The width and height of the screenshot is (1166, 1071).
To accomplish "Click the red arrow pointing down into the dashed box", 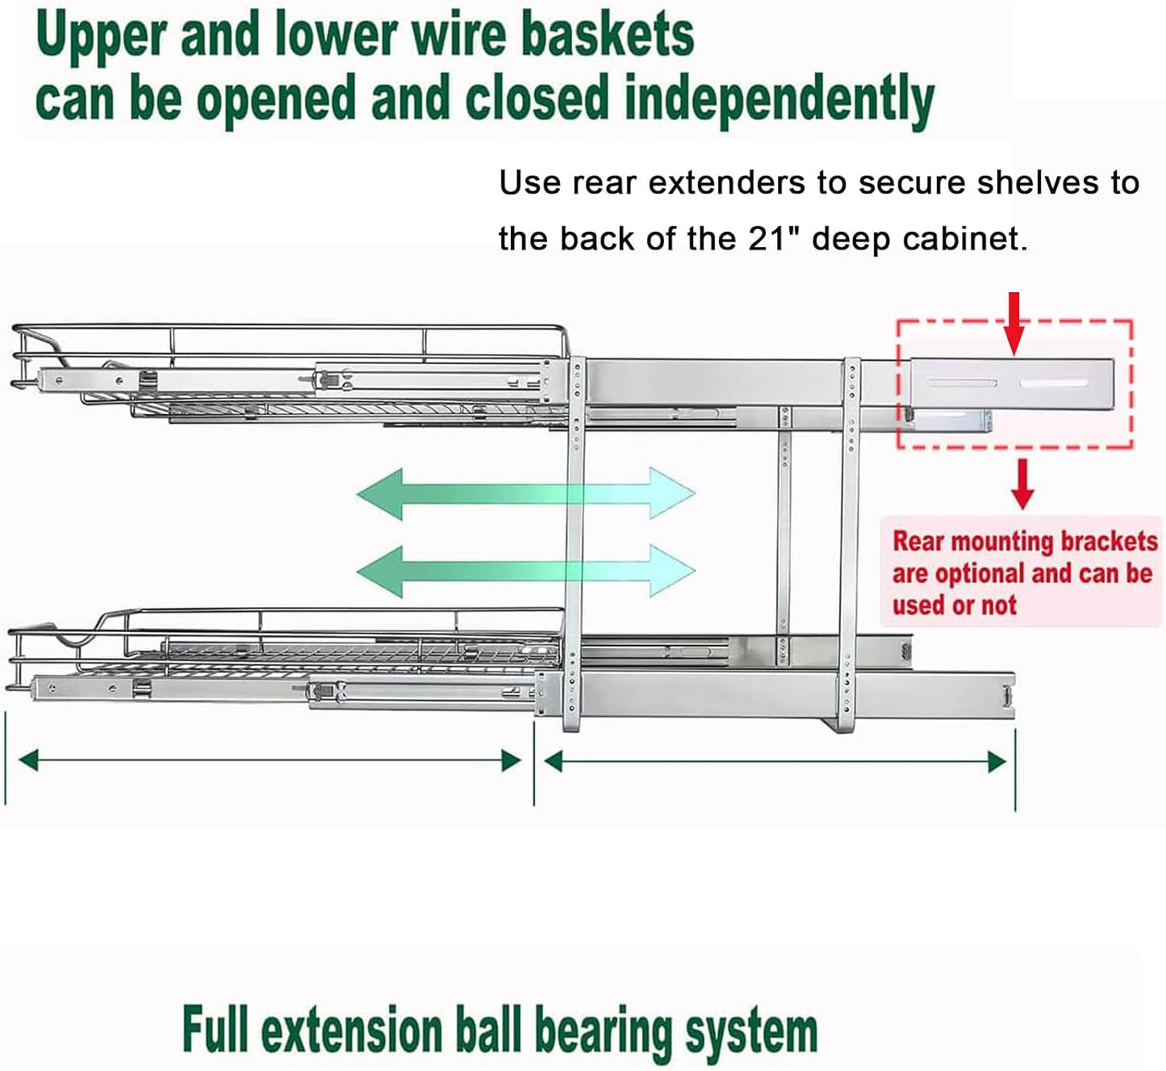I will click(x=1014, y=323).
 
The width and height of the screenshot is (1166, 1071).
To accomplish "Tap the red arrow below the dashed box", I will click(x=1022, y=483).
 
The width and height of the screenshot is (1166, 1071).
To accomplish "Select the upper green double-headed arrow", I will click(x=525, y=493).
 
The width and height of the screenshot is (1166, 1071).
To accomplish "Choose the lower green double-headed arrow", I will click(x=525, y=571).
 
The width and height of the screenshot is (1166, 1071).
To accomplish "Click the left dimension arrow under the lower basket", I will click(x=270, y=760).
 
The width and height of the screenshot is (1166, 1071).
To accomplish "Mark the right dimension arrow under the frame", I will click(x=775, y=761).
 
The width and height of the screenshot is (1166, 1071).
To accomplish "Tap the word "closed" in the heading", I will click(x=537, y=100).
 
